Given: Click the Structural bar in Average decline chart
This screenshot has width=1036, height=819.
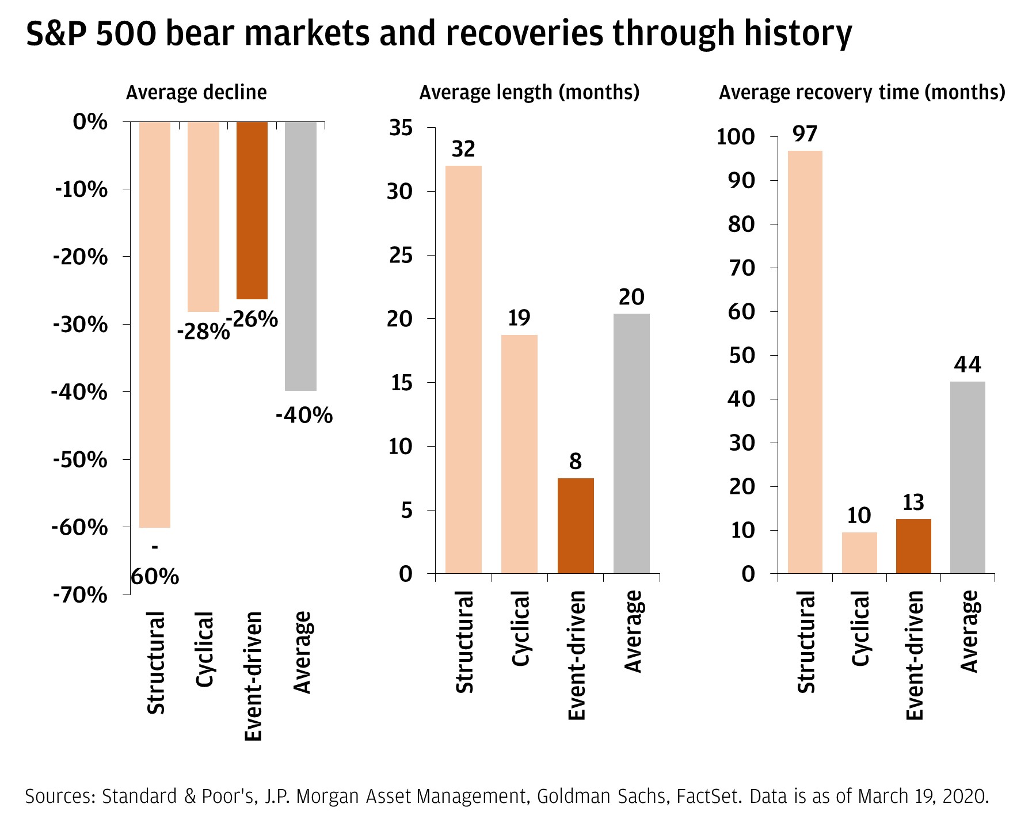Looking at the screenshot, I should click(x=155, y=325).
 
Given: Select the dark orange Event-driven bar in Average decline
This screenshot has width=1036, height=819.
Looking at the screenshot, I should click(x=252, y=211).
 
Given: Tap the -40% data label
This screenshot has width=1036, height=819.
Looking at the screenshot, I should click(x=304, y=415).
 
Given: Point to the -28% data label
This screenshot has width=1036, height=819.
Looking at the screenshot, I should click(x=203, y=332).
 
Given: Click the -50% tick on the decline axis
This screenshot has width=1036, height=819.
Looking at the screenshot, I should click(x=81, y=460).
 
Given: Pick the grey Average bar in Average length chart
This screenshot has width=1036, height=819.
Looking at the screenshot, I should click(x=631, y=443).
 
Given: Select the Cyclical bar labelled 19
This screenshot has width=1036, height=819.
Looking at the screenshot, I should click(x=519, y=454).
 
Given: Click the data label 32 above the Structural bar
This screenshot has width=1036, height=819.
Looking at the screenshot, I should click(x=463, y=149).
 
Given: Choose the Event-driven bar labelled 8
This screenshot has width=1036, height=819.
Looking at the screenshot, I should click(x=576, y=525).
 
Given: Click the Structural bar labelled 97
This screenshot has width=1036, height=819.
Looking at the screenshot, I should click(x=805, y=362).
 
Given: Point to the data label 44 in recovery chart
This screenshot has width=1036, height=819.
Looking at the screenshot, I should click(x=968, y=364).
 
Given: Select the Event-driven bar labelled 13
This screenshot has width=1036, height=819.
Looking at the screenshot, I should click(x=913, y=546).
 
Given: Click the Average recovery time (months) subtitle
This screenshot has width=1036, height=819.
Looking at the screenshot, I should click(x=862, y=93).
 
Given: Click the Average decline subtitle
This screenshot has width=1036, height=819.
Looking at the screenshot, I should click(x=196, y=93).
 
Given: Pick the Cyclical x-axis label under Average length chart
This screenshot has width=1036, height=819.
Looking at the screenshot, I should click(x=520, y=628).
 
